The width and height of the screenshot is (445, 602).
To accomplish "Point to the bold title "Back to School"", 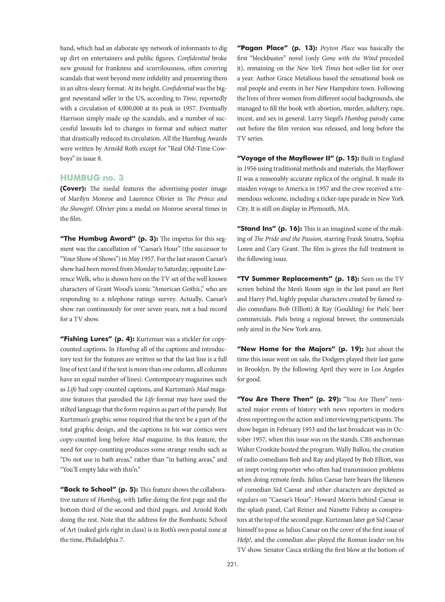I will coord(88,490).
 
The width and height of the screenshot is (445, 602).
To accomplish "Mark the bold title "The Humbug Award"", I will coord(97,239).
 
